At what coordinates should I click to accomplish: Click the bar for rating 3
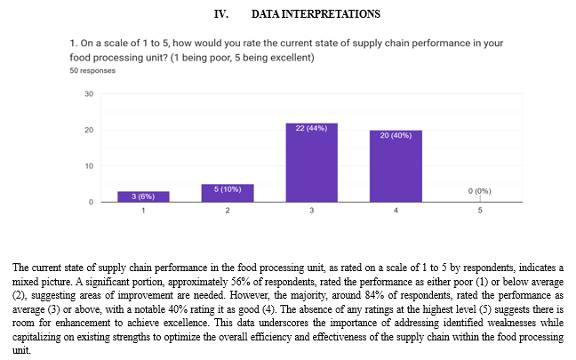311,163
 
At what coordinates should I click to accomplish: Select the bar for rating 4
396,166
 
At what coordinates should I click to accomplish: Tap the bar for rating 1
143,196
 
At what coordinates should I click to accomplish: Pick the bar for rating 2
228,193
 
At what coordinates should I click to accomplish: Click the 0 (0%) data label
479,191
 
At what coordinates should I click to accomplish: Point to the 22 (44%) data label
311,128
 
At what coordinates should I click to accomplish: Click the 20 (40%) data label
396,135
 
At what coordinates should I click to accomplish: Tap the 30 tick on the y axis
89,94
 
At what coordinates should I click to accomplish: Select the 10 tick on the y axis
89,166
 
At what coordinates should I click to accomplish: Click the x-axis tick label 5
480,211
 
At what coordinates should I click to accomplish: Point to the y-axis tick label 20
89,130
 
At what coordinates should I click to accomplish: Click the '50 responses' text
92,70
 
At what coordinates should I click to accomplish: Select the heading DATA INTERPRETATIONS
316,14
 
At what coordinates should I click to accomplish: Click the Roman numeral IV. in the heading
221,14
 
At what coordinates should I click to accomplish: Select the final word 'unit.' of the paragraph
21,350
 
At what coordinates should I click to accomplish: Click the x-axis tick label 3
311,211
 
